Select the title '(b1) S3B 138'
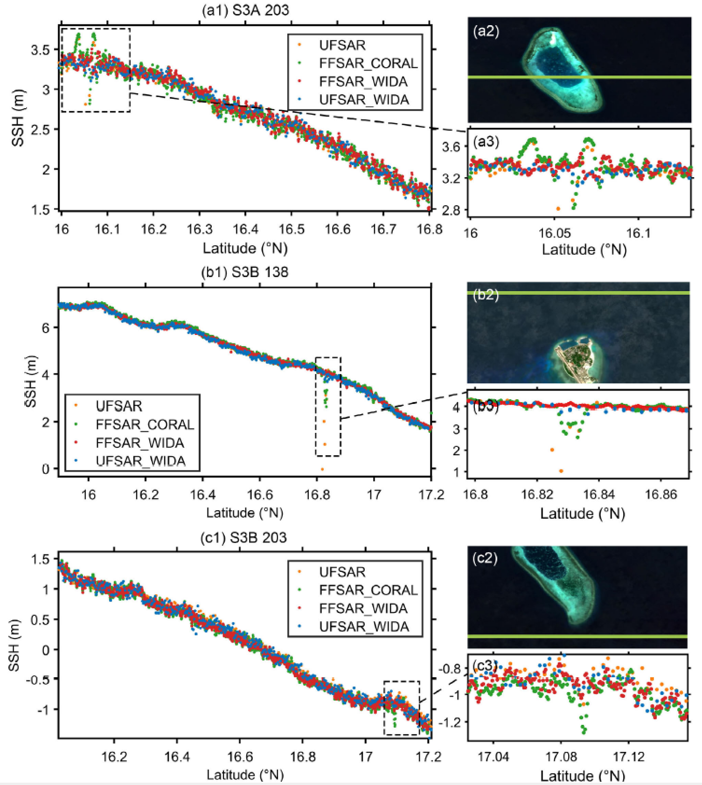coord(244,272)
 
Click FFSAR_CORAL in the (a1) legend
coord(368,63)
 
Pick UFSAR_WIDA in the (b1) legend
coord(140,461)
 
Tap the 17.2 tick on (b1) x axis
coord(431,494)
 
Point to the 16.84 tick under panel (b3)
coord(598,494)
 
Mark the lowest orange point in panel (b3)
coord(561,471)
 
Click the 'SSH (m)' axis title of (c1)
coord(14,645)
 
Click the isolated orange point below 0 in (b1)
coord(322,469)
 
